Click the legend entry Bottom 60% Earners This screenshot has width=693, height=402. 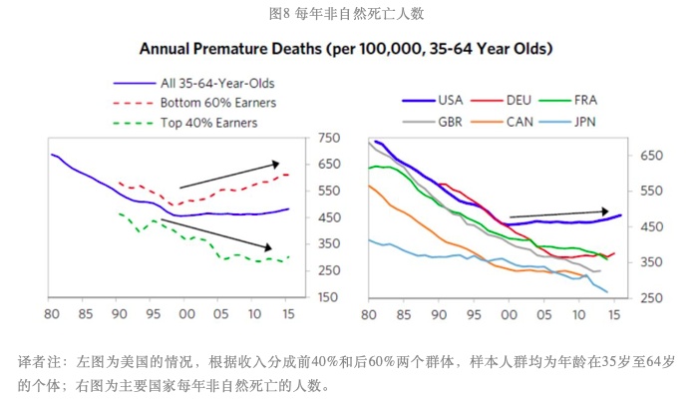click(x=217, y=102)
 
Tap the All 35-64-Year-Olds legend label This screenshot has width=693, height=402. click(x=216, y=82)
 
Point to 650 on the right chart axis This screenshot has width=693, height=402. click(x=650, y=156)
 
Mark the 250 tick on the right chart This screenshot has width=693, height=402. click(x=650, y=298)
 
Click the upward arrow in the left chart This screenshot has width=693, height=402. click(x=229, y=175)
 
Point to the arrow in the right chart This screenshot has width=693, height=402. click(x=558, y=213)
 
